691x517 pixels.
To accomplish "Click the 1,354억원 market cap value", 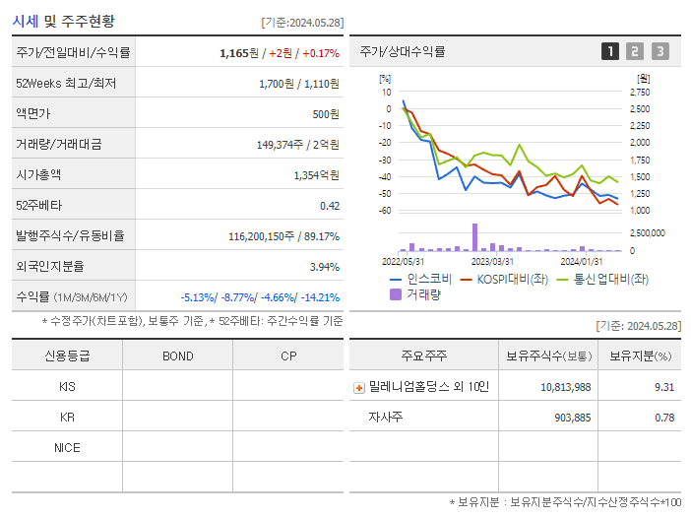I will click(316, 175).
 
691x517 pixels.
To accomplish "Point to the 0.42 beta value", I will click(329, 206).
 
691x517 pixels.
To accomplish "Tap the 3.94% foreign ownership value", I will click(324, 267).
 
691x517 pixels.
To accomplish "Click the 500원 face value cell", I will click(326, 114).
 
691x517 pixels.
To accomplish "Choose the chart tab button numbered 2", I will click(635, 51).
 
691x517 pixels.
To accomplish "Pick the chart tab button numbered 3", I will click(660, 51).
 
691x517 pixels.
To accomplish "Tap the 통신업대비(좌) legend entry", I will click(602, 279).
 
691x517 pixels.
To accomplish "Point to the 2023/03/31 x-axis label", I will click(492, 262).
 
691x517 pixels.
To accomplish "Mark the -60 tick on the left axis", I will click(386, 211).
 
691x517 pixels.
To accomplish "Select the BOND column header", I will click(177, 355).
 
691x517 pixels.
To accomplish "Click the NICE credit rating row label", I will click(67, 447).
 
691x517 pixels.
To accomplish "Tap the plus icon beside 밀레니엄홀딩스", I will click(359, 387).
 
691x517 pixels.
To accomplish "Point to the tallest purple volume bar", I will click(474, 236).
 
